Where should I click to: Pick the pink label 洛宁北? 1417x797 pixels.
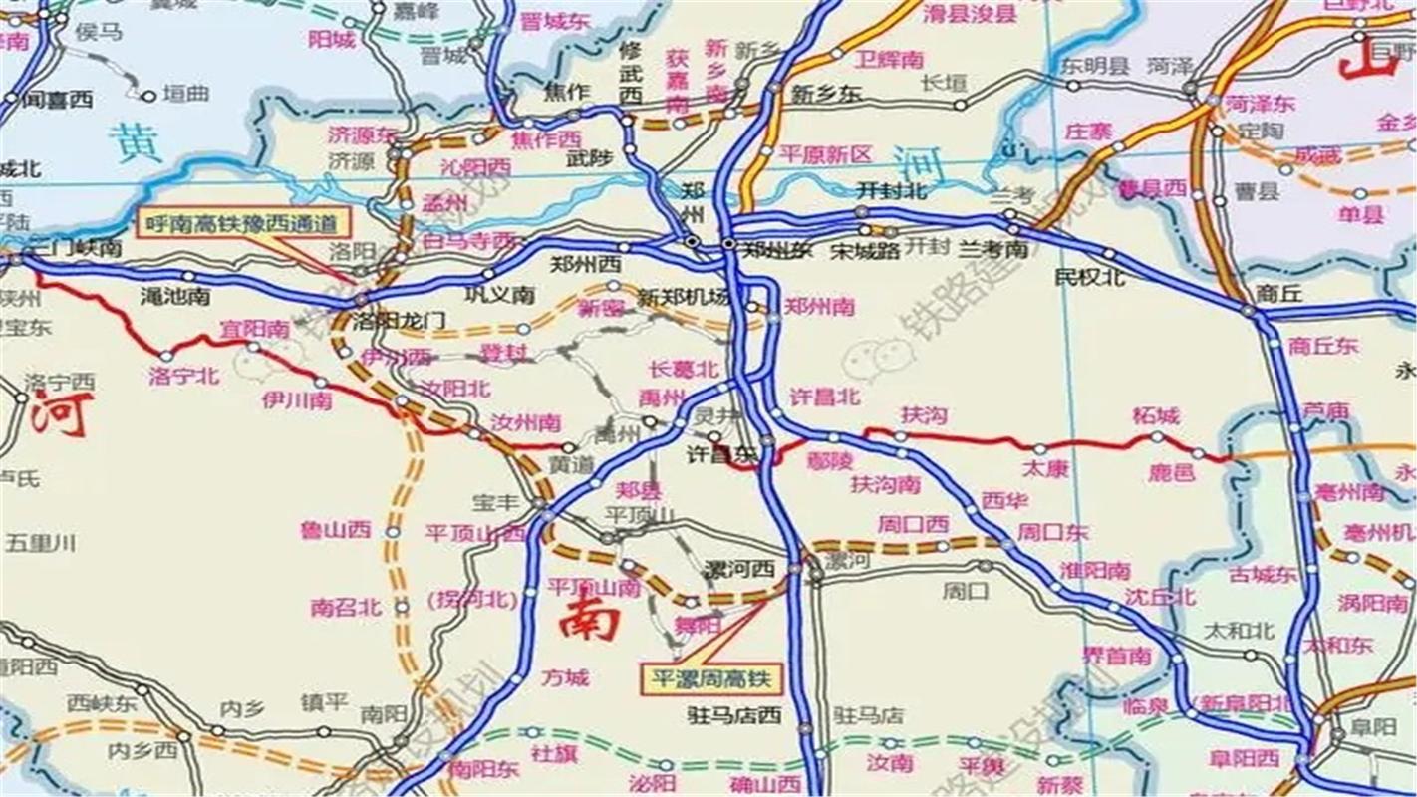pyautogui.click(x=184, y=376)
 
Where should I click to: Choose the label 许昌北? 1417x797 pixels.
pyautogui.click(x=824, y=396)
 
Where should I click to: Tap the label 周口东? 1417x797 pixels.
pyautogui.click(x=1052, y=533)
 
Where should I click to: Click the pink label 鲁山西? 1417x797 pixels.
pyautogui.click(x=336, y=530)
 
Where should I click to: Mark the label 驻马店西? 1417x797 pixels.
pyautogui.click(x=733, y=714)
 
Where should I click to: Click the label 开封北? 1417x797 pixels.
pyautogui.click(x=891, y=190)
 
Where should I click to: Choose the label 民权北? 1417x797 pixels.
pyautogui.click(x=1090, y=277)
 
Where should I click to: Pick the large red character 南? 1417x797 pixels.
pyautogui.click(x=588, y=618)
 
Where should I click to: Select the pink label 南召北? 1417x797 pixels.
pyautogui.click(x=345, y=606)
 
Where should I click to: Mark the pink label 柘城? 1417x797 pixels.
pyautogui.click(x=1156, y=415)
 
